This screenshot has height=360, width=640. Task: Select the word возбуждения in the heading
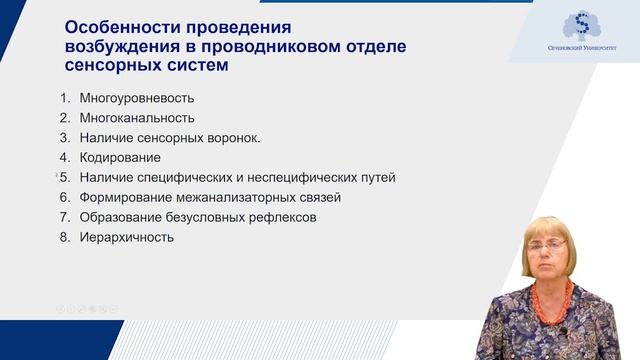pos(123,46)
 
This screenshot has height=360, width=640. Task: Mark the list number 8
pos(63,237)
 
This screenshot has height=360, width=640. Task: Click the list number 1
pos(63,98)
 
